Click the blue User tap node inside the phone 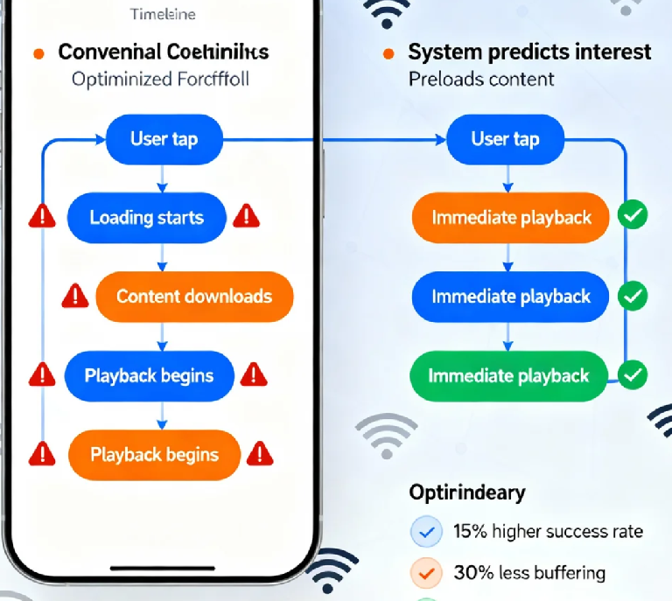click(164, 139)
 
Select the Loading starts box click(147, 217)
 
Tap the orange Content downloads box click(193, 296)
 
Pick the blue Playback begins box click(150, 376)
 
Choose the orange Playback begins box click(154, 455)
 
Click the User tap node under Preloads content click(505, 139)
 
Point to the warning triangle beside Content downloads click(75, 297)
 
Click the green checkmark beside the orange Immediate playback click(633, 215)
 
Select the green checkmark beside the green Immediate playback click(633, 375)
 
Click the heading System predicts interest click(529, 52)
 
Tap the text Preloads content click(481, 79)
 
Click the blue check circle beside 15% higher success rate click(425, 531)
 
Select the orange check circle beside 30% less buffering click(425, 574)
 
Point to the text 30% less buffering click(529, 574)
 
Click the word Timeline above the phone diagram click(163, 14)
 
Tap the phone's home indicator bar click(163, 568)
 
